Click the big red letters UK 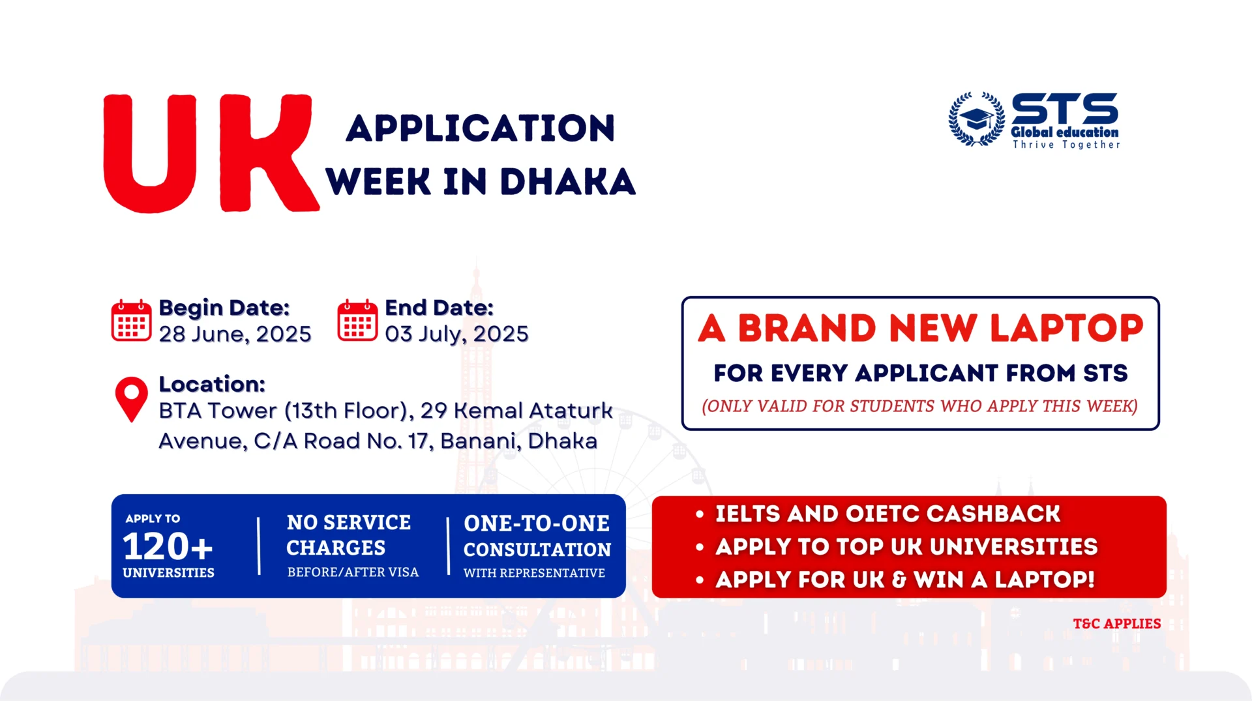tap(211, 154)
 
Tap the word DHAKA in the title tap(567, 182)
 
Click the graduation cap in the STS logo tap(977, 119)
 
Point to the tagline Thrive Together tap(1066, 145)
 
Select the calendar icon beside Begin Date tap(131, 320)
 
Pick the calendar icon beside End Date tap(357, 320)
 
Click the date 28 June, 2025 tap(235, 334)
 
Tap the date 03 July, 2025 tap(456, 334)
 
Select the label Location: tap(212, 384)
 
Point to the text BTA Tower tap(218, 411)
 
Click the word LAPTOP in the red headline tap(1067, 328)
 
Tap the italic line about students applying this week tap(919, 406)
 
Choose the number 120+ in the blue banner tap(168, 546)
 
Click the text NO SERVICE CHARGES tap(349, 535)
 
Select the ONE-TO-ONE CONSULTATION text tap(537, 536)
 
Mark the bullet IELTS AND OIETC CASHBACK tap(887, 514)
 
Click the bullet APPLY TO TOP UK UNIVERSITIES tap(906, 547)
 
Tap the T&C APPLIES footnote tap(1117, 624)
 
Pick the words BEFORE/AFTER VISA tap(353, 572)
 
